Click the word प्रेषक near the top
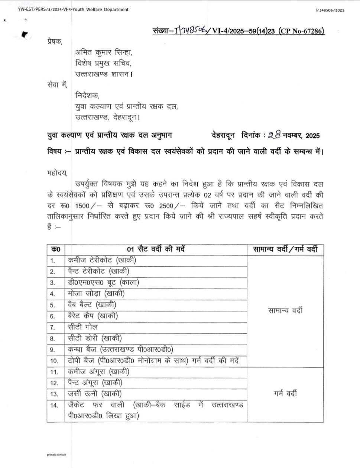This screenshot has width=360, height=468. (55, 42)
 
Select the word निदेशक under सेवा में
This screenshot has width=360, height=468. (87, 96)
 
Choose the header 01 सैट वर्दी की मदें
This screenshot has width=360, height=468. (156, 249)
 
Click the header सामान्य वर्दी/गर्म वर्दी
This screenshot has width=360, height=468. (285, 249)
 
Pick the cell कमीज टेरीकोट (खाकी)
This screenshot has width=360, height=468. (102, 260)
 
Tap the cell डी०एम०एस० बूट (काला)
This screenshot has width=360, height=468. (103, 283)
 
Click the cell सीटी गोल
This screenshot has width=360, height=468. (83, 327)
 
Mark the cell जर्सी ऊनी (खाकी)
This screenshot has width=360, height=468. (95, 394)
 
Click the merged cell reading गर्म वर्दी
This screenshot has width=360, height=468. (285, 394)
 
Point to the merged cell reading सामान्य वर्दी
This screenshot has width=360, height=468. (285, 310)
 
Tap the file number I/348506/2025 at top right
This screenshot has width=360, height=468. (329, 10)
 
